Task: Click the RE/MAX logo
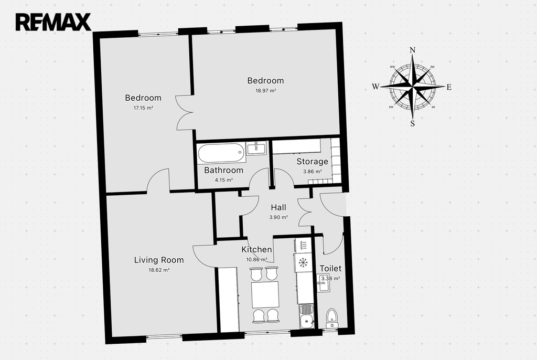tap(53, 22)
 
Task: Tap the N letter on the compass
tap(412, 50)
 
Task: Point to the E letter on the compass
tap(449, 87)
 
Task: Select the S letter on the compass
tap(412, 123)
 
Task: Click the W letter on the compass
tap(375, 87)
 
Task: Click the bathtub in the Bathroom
tap(221, 153)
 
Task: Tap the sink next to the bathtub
tap(256, 148)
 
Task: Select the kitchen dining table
tap(265, 294)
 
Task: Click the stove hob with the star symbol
tap(303, 262)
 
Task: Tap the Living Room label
tap(159, 260)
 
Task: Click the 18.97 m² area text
tap(266, 90)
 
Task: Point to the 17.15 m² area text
tap(143, 108)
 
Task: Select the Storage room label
tap(313, 162)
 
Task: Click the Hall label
tap(278, 207)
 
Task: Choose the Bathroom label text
tap(223, 170)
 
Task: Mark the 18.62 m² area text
tap(159, 270)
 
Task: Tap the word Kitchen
tap(256, 249)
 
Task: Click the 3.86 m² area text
tap(313, 172)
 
